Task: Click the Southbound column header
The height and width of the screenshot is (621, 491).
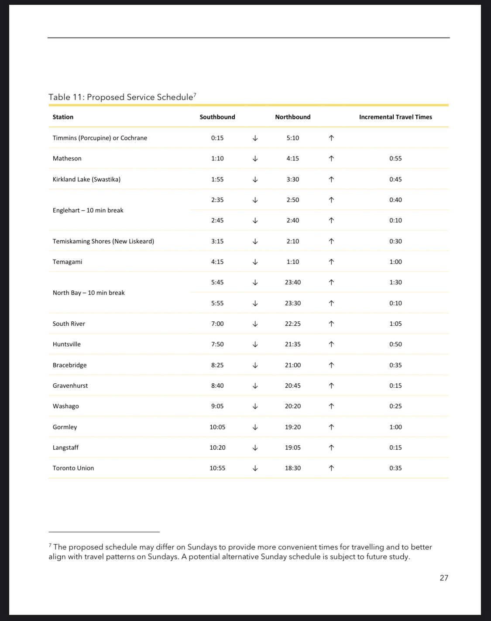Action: [217, 117]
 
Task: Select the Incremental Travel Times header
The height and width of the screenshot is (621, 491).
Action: [395, 117]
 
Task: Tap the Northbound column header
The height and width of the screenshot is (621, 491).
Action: [293, 117]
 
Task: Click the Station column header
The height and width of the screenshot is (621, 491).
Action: [63, 117]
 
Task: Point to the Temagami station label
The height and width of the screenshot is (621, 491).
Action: [67, 262]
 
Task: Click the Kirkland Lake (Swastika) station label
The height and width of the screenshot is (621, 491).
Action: [86, 179]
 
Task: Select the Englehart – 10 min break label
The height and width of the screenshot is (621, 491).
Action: [88, 210]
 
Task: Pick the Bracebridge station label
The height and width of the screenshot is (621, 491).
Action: [69, 365]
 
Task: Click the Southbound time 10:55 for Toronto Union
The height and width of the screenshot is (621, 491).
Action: [217, 468]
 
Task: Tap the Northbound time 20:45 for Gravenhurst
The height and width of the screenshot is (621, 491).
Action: [293, 386]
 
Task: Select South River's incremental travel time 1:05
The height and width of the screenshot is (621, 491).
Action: [395, 324]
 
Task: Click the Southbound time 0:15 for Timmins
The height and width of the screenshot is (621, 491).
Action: [217, 138]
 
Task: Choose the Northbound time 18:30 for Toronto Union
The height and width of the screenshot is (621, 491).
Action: [293, 468]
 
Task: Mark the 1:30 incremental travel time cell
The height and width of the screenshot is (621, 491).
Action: [395, 282]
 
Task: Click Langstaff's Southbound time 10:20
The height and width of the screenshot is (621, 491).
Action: [217, 447]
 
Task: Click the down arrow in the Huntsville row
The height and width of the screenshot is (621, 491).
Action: [255, 345]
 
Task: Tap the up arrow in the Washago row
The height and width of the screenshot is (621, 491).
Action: [331, 406]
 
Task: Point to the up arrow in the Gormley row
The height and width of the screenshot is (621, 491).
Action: [331, 427]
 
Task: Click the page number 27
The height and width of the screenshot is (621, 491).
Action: [444, 578]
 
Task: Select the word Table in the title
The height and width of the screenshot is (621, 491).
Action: [59, 97]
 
